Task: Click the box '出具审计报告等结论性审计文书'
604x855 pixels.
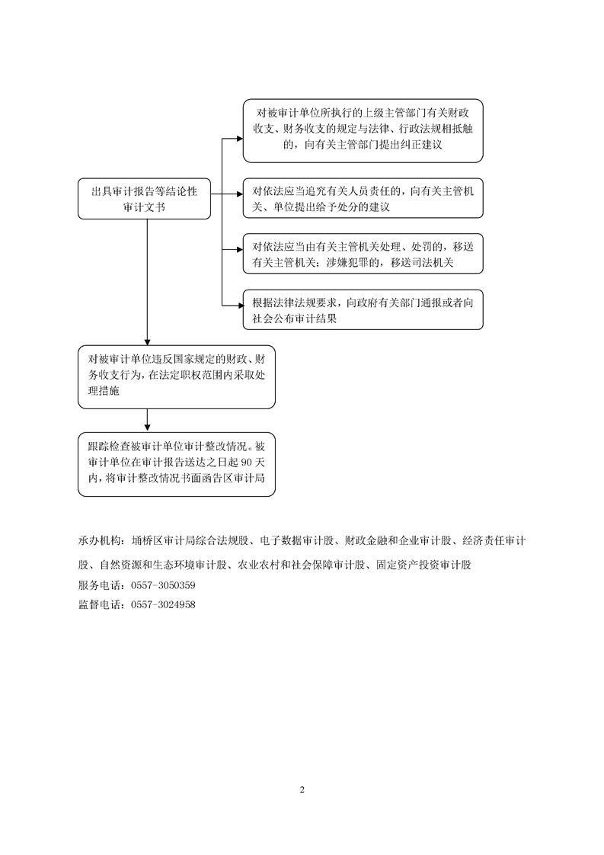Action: click(144, 199)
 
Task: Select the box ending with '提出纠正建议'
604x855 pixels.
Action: click(363, 130)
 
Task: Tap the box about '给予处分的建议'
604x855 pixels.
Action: click(363, 200)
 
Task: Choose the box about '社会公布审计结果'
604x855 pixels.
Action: click(363, 310)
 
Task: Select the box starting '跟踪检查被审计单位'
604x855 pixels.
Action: click(177, 465)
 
